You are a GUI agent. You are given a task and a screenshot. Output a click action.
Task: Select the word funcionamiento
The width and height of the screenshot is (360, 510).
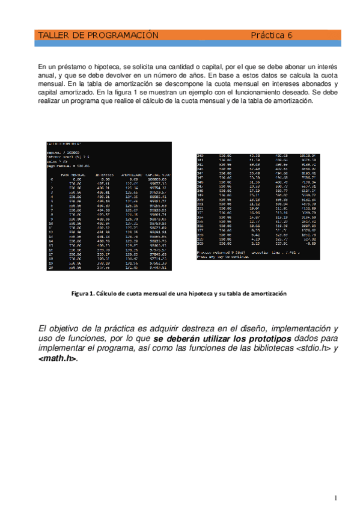216,93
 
